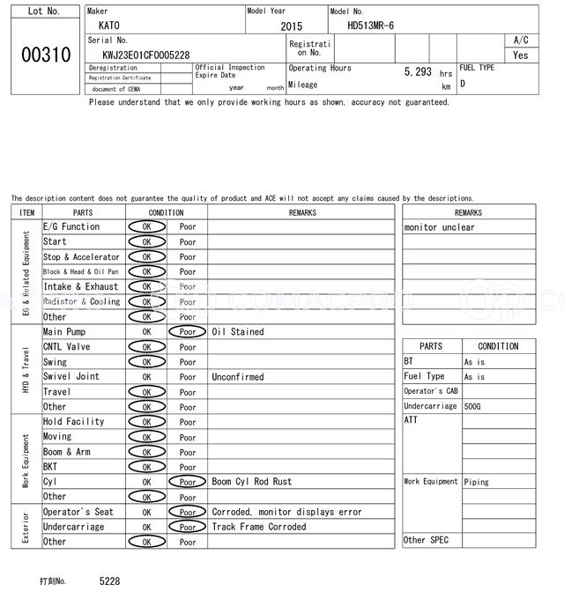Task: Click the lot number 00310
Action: (x=45, y=55)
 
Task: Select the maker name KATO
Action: (x=108, y=26)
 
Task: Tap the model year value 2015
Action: (x=291, y=26)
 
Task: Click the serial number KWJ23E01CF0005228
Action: (x=146, y=55)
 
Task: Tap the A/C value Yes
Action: (x=521, y=55)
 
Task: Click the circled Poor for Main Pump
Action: (x=187, y=332)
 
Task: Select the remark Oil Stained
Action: (x=238, y=332)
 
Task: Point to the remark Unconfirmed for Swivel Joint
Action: (x=238, y=377)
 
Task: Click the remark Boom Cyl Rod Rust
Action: (x=252, y=482)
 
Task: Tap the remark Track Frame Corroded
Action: (x=259, y=527)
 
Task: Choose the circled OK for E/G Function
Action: (x=146, y=227)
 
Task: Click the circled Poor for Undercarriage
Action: (x=187, y=527)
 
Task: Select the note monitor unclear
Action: (x=439, y=227)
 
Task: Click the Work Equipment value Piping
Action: (x=477, y=482)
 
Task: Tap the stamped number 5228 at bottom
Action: (x=109, y=581)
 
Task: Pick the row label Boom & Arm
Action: (x=66, y=452)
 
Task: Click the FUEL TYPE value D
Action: (x=463, y=85)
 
